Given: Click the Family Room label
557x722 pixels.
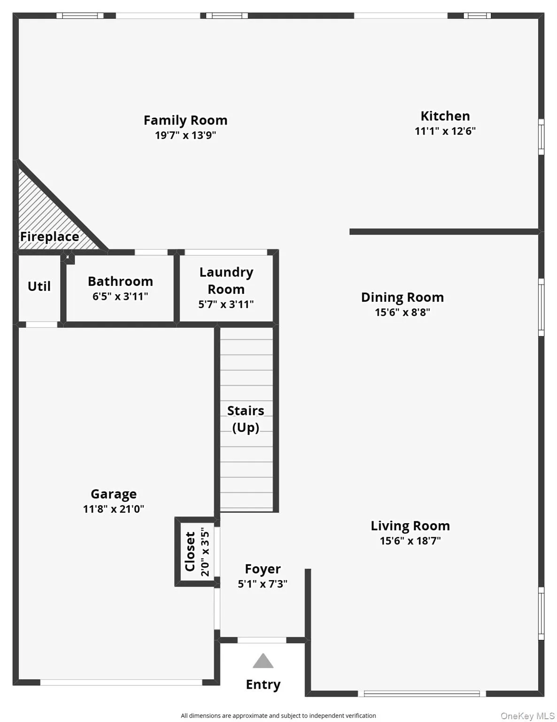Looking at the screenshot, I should click(185, 120).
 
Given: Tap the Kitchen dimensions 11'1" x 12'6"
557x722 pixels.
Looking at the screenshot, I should click(445, 131).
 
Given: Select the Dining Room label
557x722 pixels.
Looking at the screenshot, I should click(402, 297).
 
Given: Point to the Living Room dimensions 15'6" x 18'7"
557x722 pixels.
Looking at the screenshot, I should click(410, 541).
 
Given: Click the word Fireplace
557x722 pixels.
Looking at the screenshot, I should click(49, 236).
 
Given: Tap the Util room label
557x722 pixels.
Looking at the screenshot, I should click(39, 286).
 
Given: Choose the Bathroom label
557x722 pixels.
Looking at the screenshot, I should click(120, 281).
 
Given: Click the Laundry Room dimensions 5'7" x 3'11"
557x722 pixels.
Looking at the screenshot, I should click(226, 304).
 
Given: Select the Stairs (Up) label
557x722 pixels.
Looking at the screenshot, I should click(246, 419).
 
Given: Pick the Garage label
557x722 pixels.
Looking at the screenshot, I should click(114, 494).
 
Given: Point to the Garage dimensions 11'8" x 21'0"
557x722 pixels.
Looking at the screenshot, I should click(114, 509).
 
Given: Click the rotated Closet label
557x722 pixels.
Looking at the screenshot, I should click(190, 551).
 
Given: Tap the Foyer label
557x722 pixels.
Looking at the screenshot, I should click(263, 569).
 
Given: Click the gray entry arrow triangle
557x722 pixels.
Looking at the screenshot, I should click(263, 661).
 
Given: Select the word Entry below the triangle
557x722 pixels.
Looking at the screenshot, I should click(263, 684).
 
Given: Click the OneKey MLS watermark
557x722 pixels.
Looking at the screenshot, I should click(527, 716).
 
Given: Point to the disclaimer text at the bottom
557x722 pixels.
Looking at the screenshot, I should click(278, 715).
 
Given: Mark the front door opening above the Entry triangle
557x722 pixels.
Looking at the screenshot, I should click(262, 640).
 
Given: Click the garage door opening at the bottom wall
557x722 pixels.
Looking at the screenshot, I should click(121, 682).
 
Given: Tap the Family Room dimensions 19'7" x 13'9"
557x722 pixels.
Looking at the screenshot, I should click(185, 135).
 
